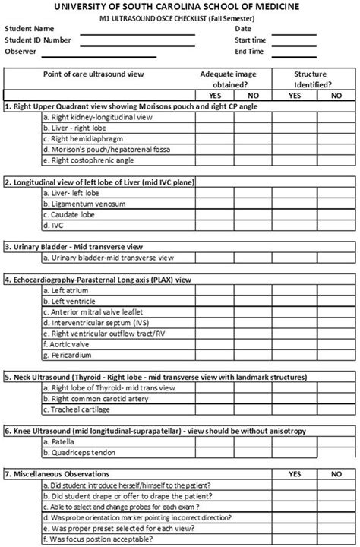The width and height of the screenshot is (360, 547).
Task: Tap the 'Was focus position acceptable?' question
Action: [x=103, y=539]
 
